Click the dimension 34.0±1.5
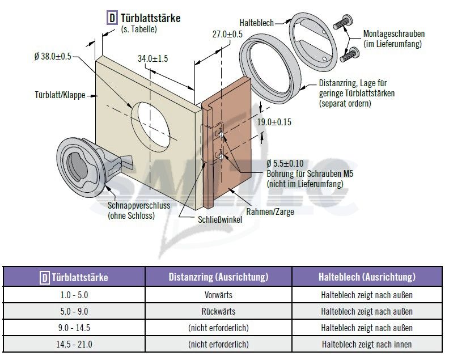click(x=153, y=58)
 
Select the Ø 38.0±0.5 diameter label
click(x=57, y=56)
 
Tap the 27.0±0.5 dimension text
click(x=227, y=35)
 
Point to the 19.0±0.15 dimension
click(x=275, y=122)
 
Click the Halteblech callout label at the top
click(x=257, y=23)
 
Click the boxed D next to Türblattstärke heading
click(x=112, y=18)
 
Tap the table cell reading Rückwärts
click(x=218, y=311)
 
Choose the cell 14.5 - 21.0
click(x=74, y=344)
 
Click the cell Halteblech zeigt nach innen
click(x=366, y=344)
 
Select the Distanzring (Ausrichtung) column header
click(x=218, y=277)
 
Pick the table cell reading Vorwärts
click(x=218, y=295)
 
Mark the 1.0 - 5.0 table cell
click(x=74, y=295)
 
